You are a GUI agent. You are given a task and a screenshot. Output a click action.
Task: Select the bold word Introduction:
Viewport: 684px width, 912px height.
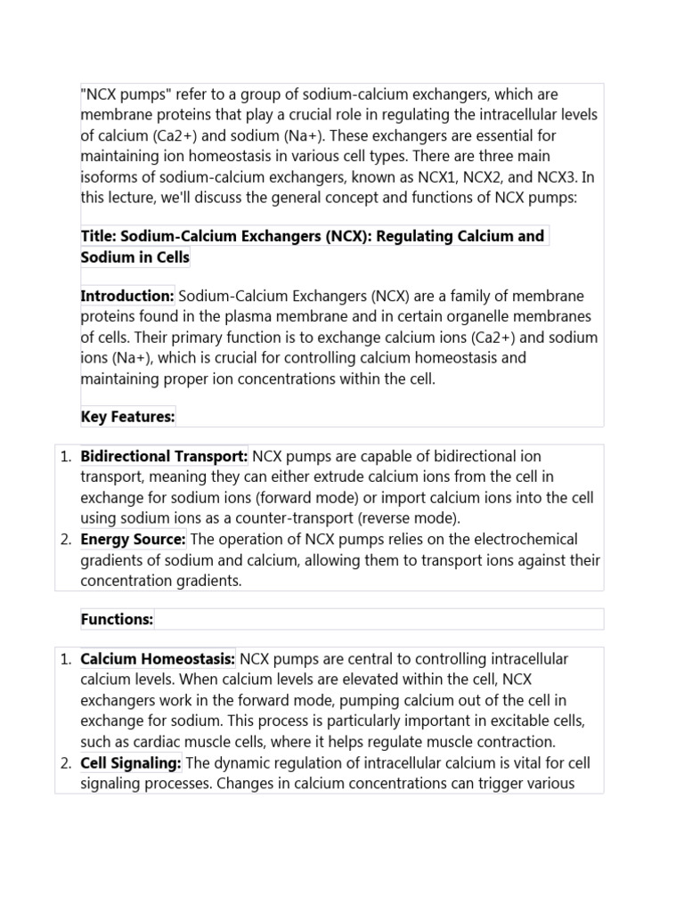[x=127, y=296]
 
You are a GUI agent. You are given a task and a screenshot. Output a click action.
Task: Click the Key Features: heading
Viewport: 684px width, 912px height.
[x=127, y=416]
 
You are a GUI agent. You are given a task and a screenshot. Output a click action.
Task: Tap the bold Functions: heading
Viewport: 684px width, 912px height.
[x=117, y=619]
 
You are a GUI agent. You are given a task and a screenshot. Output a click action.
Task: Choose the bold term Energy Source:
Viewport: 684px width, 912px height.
[x=134, y=539]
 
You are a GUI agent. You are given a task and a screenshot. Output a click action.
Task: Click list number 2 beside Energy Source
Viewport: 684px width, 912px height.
[x=66, y=539]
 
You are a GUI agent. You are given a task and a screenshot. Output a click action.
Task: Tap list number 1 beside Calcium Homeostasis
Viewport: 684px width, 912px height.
[x=66, y=659]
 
